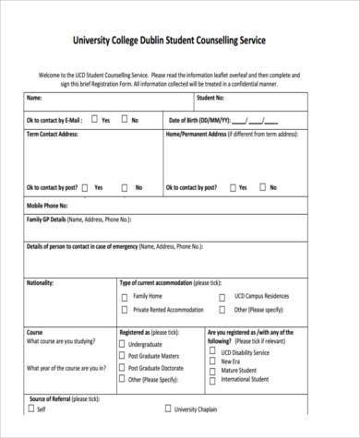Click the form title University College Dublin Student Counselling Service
point(179,40)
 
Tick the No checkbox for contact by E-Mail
point(124,120)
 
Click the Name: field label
point(34,97)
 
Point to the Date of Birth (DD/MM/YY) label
point(198,120)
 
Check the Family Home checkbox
point(125,297)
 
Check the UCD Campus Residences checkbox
point(222,297)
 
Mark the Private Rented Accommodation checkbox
point(125,311)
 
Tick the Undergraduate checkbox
point(123,344)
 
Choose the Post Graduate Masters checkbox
point(123,356)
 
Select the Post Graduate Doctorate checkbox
point(123,367)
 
